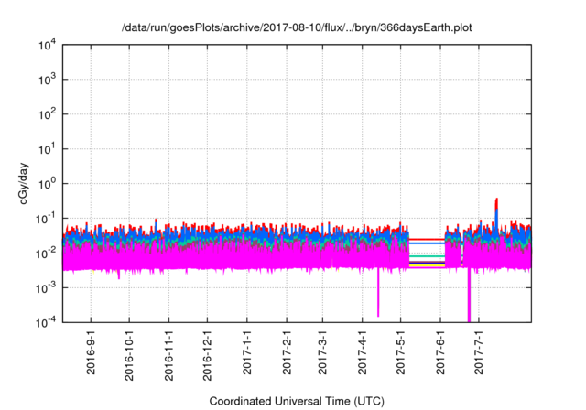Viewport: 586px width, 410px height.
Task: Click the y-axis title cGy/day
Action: [27, 184]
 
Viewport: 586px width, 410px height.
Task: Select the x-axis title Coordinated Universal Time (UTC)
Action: [296, 401]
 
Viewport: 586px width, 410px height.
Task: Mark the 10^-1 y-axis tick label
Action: [47, 218]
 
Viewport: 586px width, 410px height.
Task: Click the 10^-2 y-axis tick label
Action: [47, 253]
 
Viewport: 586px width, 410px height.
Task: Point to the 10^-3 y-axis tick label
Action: [47, 286]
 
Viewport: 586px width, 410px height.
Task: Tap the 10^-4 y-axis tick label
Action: [47, 321]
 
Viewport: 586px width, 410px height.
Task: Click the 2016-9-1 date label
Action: [90, 353]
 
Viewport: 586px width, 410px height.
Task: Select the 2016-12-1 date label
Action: [207, 353]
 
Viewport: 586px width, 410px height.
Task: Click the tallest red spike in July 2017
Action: [496, 200]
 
